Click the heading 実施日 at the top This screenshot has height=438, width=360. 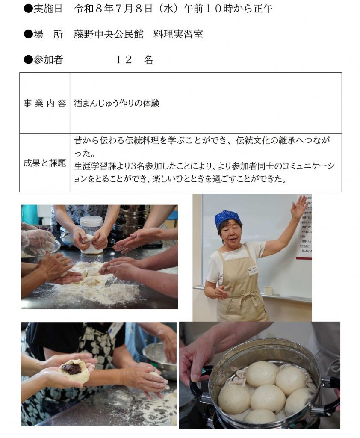point(48,9)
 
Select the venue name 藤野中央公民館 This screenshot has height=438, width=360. point(108,34)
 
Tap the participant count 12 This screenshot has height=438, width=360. point(124,59)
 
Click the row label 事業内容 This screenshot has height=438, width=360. point(45,104)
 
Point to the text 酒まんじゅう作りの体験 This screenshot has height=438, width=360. point(117,104)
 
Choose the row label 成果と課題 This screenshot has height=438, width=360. point(45,163)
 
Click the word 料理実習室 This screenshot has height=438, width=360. point(178,34)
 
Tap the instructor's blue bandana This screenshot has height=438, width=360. point(228,218)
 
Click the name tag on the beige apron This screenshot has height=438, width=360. point(254,271)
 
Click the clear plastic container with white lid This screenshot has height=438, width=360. point(92,234)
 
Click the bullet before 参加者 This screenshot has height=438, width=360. point(28,59)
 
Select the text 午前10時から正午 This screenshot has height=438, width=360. point(228,9)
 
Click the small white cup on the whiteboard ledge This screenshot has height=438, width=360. point(269,290)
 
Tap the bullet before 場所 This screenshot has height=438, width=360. point(28,34)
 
